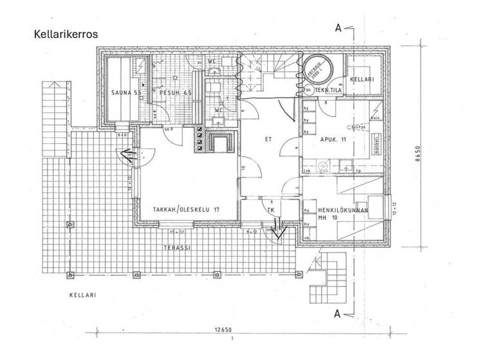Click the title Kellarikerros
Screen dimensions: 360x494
(66, 34)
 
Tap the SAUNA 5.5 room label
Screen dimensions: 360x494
(125, 93)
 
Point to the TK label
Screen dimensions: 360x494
(271, 210)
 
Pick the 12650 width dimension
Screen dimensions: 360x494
(223, 330)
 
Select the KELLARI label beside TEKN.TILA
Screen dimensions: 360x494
(363, 79)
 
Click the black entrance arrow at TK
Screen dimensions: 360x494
(279, 229)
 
